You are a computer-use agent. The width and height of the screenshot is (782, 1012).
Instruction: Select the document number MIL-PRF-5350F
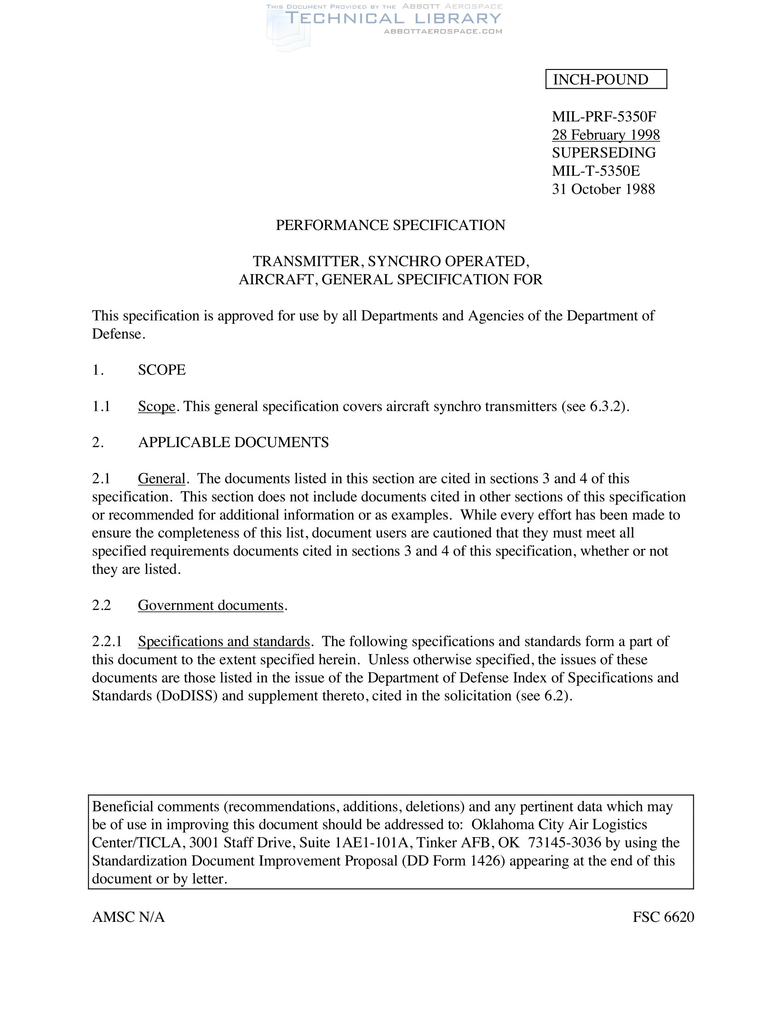tap(604, 116)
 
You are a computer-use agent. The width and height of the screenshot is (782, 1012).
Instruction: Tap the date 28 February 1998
tap(605, 135)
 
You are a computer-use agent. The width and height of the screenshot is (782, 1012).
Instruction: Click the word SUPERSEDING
tap(604, 153)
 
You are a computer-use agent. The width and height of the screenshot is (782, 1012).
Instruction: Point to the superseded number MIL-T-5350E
tap(596, 171)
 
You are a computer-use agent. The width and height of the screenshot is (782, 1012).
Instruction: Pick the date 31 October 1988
tap(603, 189)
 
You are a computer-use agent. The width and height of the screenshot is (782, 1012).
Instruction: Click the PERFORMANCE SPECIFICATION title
tap(391, 225)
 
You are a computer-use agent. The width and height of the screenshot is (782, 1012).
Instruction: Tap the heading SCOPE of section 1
tap(161, 370)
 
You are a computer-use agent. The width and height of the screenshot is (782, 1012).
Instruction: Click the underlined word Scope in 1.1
tap(156, 406)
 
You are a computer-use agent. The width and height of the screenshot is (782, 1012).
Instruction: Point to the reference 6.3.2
tap(605, 406)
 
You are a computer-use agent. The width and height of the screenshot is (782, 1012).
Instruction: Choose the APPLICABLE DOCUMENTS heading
tap(233, 443)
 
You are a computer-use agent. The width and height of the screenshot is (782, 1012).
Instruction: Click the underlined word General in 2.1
tap(161, 479)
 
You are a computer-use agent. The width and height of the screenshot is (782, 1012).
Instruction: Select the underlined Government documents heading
tap(211, 605)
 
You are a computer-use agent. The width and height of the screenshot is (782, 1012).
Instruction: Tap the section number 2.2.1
tap(107, 642)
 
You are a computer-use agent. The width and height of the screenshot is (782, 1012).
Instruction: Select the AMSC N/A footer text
tap(128, 917)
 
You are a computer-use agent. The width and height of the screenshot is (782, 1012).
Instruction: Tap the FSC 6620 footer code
tap(663, 917)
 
